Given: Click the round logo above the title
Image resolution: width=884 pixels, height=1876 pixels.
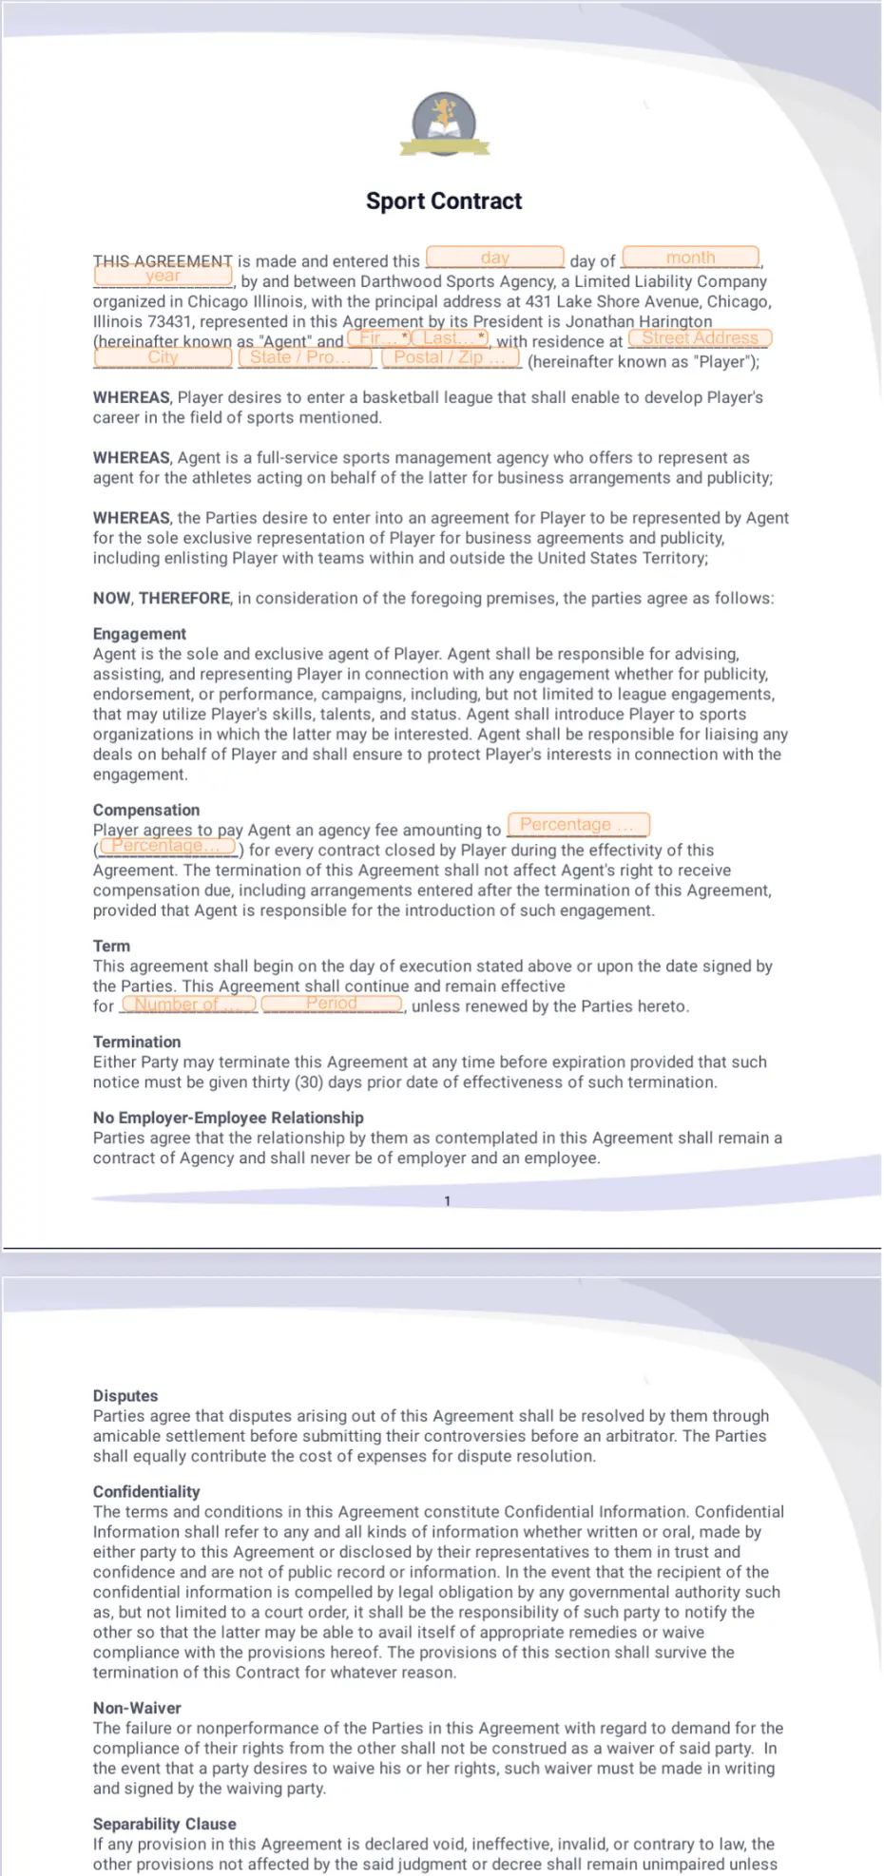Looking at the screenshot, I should [444, 124].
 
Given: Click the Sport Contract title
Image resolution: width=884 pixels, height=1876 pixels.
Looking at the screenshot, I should [444, 201].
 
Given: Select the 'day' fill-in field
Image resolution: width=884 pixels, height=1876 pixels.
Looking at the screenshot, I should [494, 258].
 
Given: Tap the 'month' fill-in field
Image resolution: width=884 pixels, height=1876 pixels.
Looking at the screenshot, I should [691, 258].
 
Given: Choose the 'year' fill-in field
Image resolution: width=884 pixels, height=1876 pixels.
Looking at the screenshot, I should [163, 277].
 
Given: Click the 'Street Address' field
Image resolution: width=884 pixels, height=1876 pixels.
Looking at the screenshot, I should [700, 338].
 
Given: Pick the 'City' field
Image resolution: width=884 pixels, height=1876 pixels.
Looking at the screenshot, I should [163, 358].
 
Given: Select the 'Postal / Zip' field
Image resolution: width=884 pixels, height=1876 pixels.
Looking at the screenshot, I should [451, 358].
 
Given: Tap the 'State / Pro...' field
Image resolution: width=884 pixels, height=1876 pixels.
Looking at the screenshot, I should [304, 358].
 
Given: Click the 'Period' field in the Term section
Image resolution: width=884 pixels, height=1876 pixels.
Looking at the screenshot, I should [332, 1004].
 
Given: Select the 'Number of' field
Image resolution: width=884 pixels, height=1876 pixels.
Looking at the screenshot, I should [189, 1005].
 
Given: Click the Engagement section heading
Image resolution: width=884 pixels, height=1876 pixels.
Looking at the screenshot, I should [140, 634].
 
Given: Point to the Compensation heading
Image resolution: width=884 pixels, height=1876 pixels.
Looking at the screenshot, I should [146, 810].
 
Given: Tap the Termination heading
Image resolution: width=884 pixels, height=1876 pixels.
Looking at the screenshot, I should [137, 1042].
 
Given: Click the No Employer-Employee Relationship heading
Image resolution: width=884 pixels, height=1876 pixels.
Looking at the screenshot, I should [228, 1118].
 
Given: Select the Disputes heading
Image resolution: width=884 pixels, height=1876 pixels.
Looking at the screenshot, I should [125, 1396].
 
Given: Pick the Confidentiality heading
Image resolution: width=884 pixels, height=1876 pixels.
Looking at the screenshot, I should [146, 1492].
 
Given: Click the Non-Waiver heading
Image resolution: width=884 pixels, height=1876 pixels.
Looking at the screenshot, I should [137, 1708].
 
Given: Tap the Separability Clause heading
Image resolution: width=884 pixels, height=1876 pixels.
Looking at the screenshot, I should [164, 1824].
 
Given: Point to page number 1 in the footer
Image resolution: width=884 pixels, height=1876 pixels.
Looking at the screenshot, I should [448, 1201].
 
